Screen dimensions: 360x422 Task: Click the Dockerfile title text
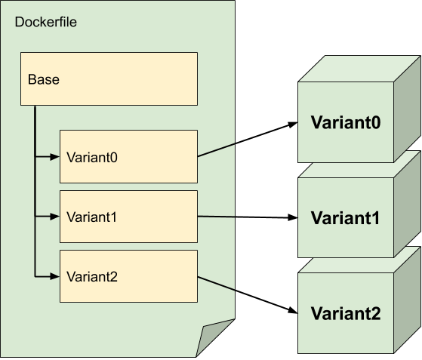[46, 22]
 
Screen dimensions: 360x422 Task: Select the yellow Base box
[109, 78]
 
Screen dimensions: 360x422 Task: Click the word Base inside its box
[43, 79]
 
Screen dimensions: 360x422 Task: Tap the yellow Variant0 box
[128, 157]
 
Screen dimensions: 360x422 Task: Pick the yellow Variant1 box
[128, 217]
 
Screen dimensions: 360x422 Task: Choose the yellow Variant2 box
[128, 276]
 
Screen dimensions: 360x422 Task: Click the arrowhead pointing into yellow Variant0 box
[54, 157]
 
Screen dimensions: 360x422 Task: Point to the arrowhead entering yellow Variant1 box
[54, 217]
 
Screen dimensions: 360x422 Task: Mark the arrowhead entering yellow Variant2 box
[54, 277]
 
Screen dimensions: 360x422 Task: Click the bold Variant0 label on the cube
[345, 122]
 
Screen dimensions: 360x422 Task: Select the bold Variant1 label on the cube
[345, 218]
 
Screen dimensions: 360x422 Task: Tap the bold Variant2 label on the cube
[345, 313]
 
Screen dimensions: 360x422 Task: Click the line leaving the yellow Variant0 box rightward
[216, 150]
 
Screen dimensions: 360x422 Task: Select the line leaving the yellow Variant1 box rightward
[216, 217]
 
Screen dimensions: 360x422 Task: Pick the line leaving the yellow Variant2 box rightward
[216, 283]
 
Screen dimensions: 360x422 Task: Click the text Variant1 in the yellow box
[92, 217]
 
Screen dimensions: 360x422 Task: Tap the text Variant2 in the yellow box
[92, 277]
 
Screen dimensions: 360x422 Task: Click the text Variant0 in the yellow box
[92, 157]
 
